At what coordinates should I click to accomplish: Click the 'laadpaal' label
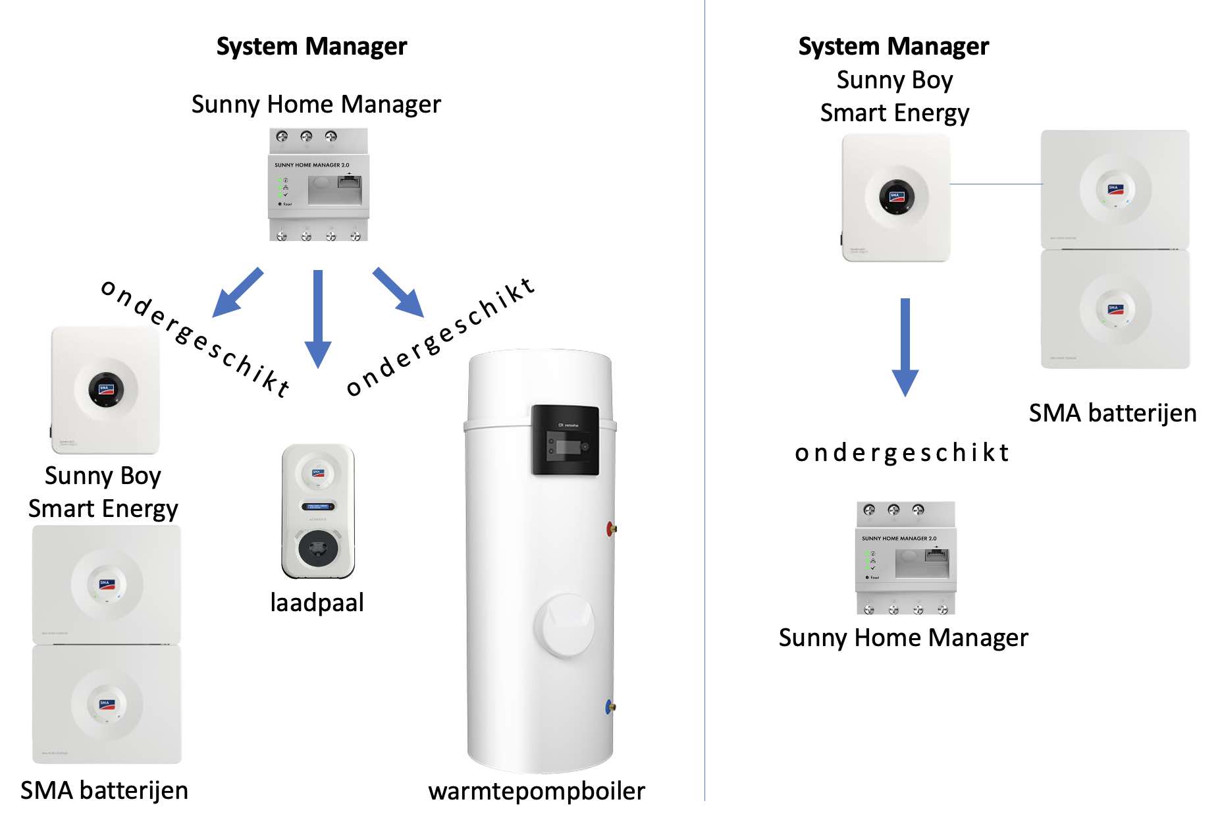317,603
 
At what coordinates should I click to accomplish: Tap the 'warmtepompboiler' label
537,791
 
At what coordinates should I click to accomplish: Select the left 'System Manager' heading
311,47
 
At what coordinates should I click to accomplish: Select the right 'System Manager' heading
893,47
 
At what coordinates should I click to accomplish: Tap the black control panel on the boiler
565,440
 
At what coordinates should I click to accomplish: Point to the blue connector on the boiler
610,707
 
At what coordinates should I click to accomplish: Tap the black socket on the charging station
318,548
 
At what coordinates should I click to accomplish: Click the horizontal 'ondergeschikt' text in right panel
902,453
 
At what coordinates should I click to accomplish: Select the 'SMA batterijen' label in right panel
1113,414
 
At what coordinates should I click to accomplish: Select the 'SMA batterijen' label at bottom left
104,790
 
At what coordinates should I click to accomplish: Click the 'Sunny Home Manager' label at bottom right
903,638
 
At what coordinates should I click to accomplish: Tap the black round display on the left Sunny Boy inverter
106,389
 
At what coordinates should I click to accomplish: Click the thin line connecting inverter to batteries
996,184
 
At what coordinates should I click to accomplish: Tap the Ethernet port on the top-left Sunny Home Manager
349,182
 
